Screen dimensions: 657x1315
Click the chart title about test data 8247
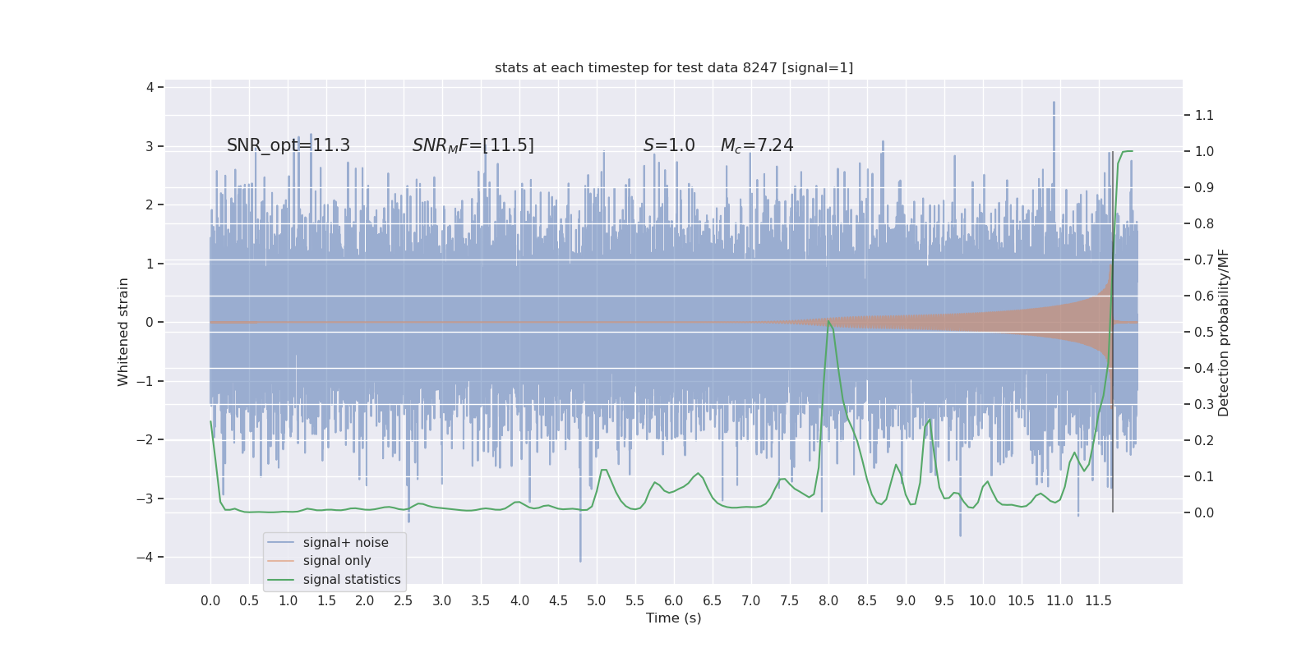pos(674,68)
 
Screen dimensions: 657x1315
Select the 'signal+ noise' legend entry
pos(345,543)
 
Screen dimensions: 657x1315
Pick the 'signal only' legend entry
pos(337,561)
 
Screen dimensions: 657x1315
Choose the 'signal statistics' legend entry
pos(352,580)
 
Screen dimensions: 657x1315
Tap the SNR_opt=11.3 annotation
pos(288,145)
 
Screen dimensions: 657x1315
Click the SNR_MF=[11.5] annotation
pos(473,145)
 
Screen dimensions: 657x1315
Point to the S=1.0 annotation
pos(669,145)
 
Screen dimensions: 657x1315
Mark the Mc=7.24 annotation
pos(757,145)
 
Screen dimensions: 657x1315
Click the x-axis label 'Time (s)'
pos(674,618)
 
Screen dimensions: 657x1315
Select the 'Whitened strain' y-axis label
pos(123,332)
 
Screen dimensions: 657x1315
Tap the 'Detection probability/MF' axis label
pos(1224,333)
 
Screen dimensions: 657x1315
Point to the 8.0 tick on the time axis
pos(828,601)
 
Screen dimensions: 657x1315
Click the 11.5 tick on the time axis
pos(1098,601)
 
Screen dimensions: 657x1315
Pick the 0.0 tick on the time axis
pos(210,601)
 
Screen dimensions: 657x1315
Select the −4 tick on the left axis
pos(149,558)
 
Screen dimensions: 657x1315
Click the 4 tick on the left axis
pos(150,87)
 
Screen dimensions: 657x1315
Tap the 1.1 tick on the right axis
pos(1204,116)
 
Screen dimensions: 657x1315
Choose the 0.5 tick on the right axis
pos(1204,333)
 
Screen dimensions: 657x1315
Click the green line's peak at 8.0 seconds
pos(828,320)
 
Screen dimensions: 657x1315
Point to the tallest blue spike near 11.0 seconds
pos(1054,103)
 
